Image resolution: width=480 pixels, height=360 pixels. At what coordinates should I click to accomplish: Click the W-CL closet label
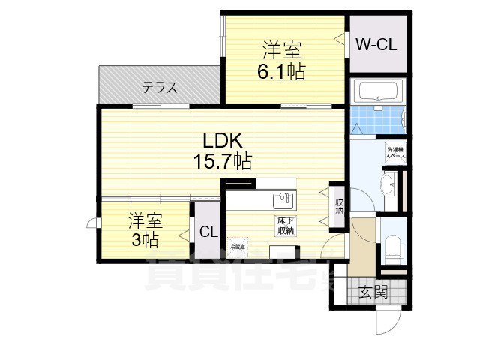click(376, 43)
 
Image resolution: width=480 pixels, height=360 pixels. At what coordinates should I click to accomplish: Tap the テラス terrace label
click(160, 88)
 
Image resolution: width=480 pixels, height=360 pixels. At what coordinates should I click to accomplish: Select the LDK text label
click(220, 140)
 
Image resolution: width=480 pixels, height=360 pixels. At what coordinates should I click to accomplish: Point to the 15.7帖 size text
click(220, 160)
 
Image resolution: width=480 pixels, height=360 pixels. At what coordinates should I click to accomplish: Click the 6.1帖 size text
click(281, 72)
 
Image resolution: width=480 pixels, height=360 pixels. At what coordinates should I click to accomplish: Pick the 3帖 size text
click(145, 241)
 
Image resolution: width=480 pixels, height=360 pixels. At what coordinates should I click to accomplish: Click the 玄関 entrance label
click(373, 292)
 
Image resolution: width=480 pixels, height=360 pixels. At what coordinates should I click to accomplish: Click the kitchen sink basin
click(283, 200)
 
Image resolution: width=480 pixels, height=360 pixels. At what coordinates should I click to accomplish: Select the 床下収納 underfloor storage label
click(285, 226)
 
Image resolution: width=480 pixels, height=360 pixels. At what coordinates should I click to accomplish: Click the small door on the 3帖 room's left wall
click(91, 223)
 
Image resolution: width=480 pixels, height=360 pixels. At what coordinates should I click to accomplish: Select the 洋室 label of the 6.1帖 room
click(281, 51)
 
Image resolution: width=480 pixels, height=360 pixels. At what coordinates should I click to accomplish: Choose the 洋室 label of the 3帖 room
click(145, 221)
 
